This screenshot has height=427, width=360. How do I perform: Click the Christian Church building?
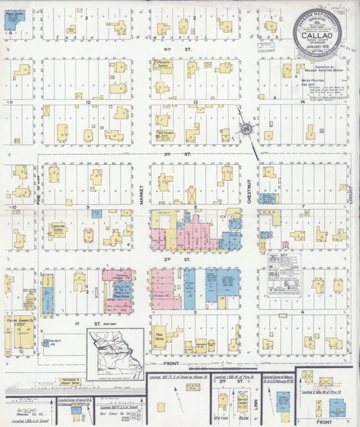click(59, 230)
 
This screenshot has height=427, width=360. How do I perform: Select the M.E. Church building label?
click(163, 133)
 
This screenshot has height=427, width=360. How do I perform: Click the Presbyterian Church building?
click(162, 66)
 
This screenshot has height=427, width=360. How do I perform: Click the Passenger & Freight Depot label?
click(71, 382)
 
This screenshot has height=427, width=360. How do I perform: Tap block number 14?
click(303, 101)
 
